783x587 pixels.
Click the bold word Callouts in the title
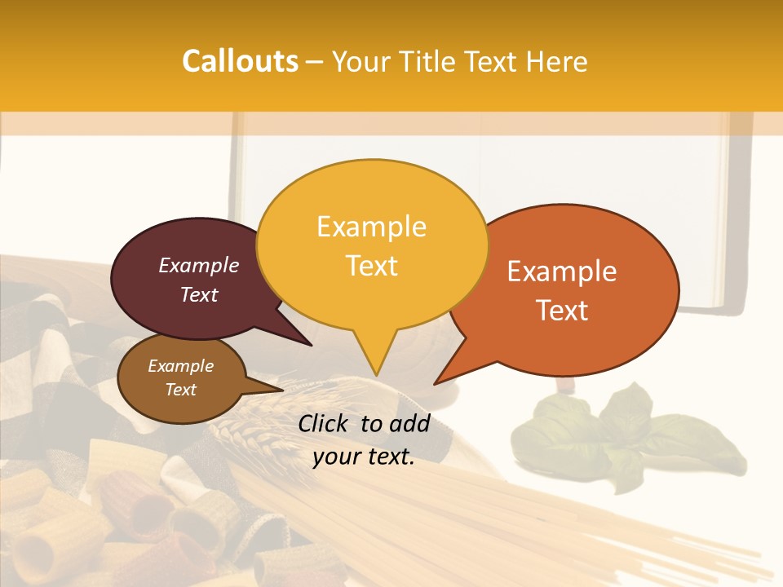(x=240, y=61)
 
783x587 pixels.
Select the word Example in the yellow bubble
(x=371, y=227)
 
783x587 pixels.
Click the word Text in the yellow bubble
(x=371, y=266)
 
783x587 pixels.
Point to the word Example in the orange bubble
(x=562, y=271)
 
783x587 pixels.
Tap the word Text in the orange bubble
(x=562, y=311)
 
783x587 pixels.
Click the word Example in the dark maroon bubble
(x=198, y=265)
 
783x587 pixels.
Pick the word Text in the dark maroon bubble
(x=198, y=294)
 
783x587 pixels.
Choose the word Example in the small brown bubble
(x=180, y=366)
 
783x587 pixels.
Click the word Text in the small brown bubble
(x=180, y=390)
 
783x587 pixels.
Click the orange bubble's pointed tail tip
(x=435, y=383)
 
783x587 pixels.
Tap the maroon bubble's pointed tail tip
(x=312, y=346)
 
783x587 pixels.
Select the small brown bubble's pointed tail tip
(x=282, y=390)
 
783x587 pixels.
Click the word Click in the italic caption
(x=325, y=423)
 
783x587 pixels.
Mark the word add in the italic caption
(x=409, y=423)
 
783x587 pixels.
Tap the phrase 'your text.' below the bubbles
(x=364, y=457)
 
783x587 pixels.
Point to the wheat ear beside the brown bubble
(x=253, y=436)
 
